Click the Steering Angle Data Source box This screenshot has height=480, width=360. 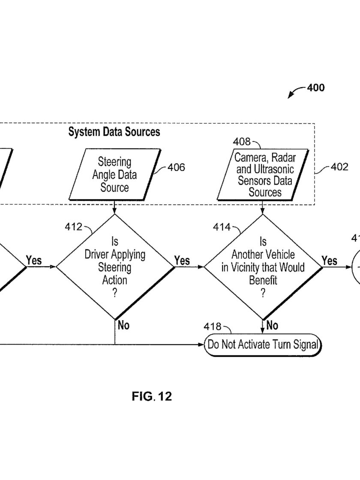(115, 174)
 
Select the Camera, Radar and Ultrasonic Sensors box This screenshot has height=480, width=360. (263, 174)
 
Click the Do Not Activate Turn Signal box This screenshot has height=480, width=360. (263, 345)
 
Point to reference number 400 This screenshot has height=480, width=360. (315, 88)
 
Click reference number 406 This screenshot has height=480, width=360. (176, 167)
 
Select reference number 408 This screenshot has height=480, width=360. (242, 141)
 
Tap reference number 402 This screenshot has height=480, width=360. (339, 167)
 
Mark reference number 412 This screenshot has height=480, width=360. (74, 227)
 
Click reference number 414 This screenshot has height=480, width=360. (222, 227)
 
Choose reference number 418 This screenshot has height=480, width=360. (213, 327)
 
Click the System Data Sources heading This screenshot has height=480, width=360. (114, 132)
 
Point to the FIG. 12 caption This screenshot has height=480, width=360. (152, 396)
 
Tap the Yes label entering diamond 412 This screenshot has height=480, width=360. (34, 260)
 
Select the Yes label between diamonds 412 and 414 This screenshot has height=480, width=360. (182, 261)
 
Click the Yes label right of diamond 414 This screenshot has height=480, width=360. (330, 261)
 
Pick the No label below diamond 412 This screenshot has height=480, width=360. (124, 325)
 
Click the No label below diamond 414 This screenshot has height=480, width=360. (272, 325)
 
